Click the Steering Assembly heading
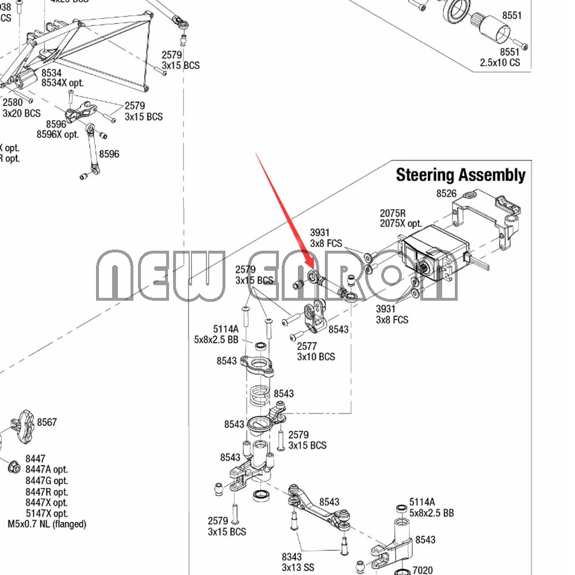point(460,175)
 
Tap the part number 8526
point(447,194)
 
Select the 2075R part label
point(393,213)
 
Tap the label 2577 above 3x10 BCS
point(307,346)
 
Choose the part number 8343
point(292,557)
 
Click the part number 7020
point(423,570)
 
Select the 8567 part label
point(47,422)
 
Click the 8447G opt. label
point(47,481)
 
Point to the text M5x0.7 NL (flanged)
point(47,524)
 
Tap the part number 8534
point(51,73)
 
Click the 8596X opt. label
point(57,135)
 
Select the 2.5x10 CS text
point(500,62)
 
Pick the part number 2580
point(13,103)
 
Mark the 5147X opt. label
point(47,513)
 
